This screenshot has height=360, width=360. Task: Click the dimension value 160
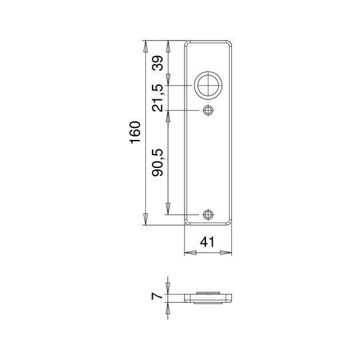pos(135,133)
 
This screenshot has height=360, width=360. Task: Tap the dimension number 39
pos(158,63)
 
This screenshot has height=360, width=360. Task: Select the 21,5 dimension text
pos(158,98)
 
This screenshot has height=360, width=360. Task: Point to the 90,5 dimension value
pos(158,163)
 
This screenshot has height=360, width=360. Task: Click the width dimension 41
pos(207,242)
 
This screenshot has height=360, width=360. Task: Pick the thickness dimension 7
pos(157,297)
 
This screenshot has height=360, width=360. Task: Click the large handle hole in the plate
pos(208,85)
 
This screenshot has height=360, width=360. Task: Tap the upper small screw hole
pos(208,111)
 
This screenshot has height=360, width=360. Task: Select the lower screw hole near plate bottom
pos(208,215)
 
